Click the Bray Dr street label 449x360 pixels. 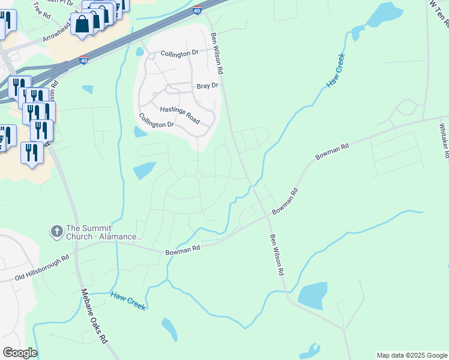(x=207, y=86)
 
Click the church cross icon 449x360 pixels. (x=56, y=230)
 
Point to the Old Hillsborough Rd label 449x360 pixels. (x=43, y=268)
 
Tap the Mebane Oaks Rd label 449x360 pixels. (x=94, y=316)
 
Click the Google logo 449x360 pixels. (x=20, y=353)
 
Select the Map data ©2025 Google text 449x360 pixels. (x=412, y=355)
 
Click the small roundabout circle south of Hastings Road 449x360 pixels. (x=198, y=176)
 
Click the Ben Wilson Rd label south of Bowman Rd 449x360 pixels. (x=276, y=254)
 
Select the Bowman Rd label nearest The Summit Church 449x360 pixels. (x=182, y=250)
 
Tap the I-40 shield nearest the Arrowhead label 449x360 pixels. (x=84, y=61)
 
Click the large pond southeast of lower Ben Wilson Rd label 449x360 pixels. (x=312, y=295)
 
